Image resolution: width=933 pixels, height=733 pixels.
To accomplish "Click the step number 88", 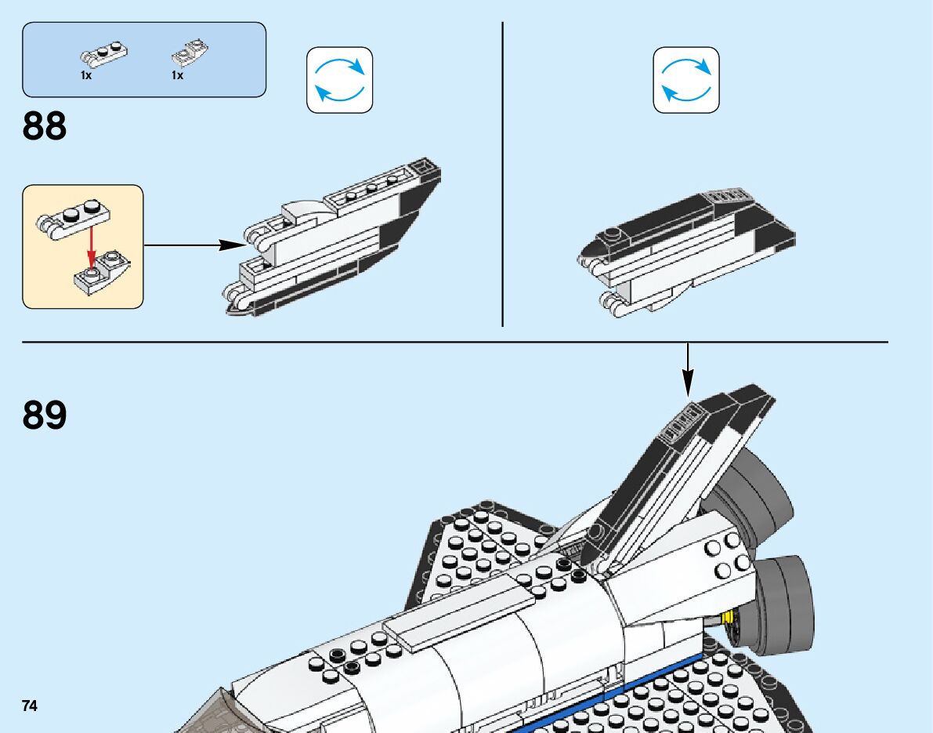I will click(x=45, y=125).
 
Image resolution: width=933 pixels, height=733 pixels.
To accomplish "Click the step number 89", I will click(x=45, y=415).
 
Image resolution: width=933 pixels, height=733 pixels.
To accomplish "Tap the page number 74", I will click(x=30, y=706).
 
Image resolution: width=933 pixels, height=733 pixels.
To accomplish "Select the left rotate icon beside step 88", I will click(x=339, y=80).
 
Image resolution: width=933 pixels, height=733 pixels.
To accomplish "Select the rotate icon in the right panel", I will click(x=686, y=80).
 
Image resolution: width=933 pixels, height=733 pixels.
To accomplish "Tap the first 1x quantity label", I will click(x=86, y=76).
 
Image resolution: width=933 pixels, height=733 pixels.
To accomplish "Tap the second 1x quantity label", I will click(x=178, y=76).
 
